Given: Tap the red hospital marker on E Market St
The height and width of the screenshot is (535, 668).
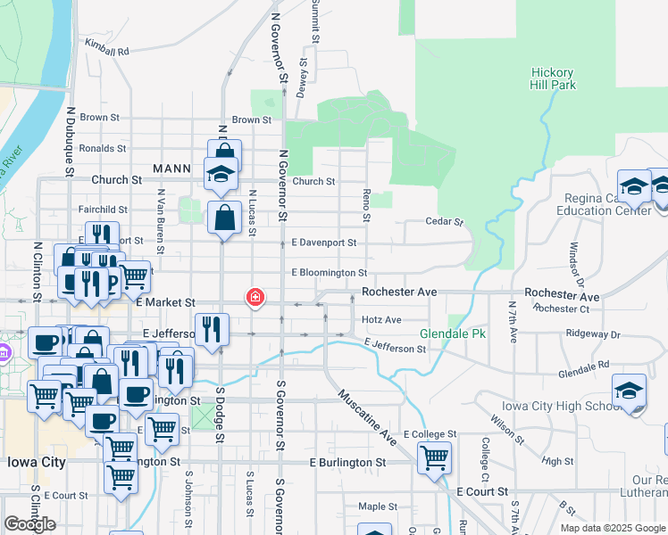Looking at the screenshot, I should point(255,297).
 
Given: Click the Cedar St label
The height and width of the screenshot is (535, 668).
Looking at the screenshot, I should point(445,221).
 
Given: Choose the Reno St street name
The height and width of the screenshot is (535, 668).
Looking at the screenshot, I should point(366,205).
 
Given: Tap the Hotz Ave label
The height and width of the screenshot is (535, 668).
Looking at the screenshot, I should point(381,319).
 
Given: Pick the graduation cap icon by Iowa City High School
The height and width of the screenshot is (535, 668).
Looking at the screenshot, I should point(630,391).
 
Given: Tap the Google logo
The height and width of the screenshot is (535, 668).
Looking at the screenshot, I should point(29,524).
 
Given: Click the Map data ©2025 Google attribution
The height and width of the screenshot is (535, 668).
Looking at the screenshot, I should point(612,528).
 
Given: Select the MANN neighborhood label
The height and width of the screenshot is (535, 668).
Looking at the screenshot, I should point(172,168).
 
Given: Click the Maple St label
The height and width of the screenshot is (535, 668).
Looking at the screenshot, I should point(371,506).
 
